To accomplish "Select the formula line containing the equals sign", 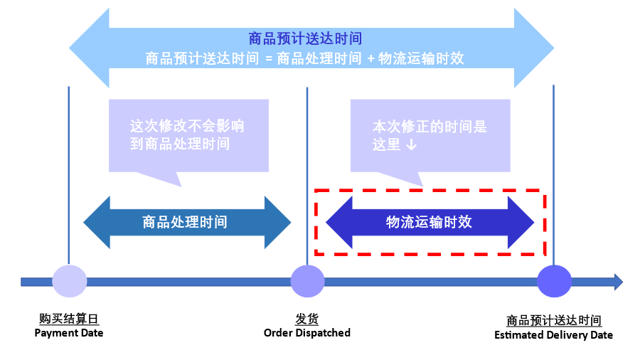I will [x=304, y=58].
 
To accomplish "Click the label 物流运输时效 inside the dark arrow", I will [x=429, y=222].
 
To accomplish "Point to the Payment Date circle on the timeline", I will [x=70, y=281].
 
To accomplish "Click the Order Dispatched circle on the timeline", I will [x=307, y=281].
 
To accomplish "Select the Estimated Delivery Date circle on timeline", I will [x=554, y=281].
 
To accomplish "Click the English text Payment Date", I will [x=69, y=333].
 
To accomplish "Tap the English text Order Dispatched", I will [x=307, y=333].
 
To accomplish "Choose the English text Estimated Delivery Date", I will [x=553, y=334].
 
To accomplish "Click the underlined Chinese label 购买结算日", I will [x=69, y=319].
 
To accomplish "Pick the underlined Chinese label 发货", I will [x=306, y=319].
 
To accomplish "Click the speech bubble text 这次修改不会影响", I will [x=187, y=127].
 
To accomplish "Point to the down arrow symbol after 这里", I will [x=411, y=145].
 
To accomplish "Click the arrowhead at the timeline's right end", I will [x=618, y=282].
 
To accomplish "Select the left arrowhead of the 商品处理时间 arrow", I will [x=97, y=223].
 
